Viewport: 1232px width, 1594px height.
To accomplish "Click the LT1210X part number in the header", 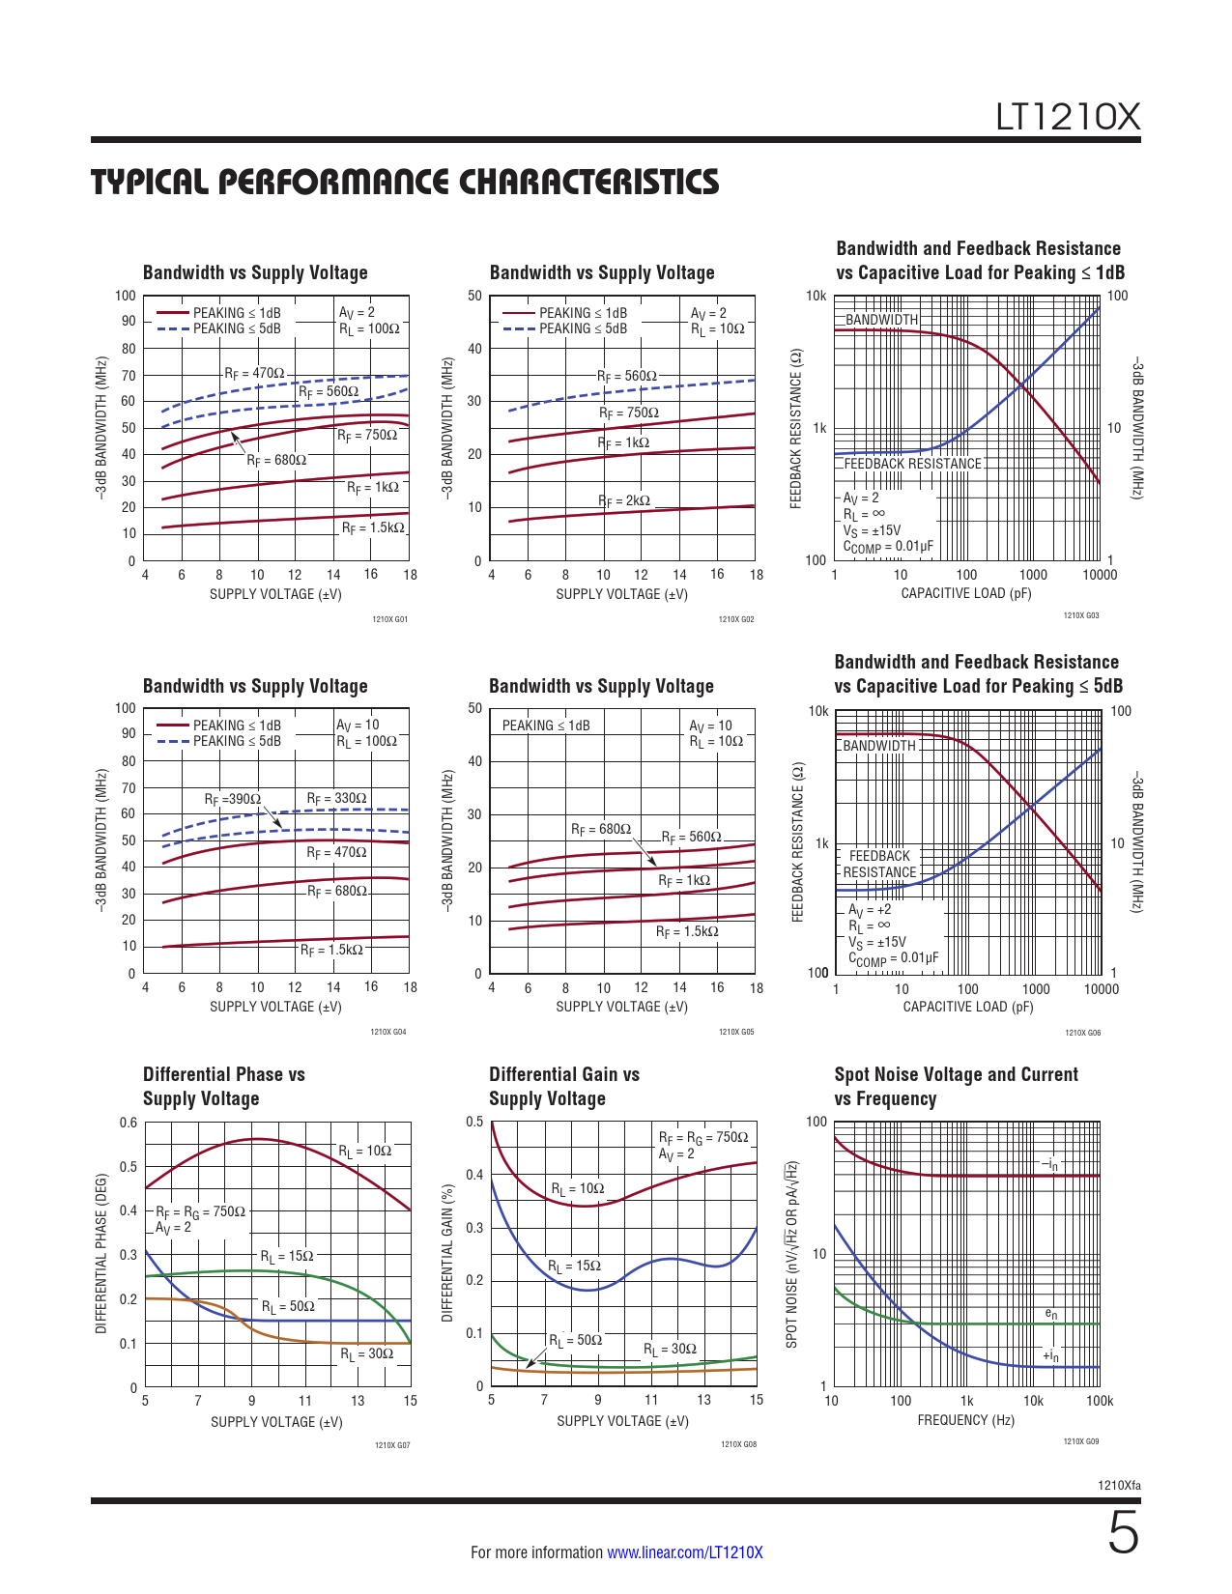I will [x=1068, y=117].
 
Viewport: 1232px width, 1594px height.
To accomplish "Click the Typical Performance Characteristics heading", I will [x=405, y=182].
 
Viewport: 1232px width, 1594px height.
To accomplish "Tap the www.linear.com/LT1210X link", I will [x=684, y=1552].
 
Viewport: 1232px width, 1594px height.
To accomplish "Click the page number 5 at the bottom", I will [x=1123, y=1533].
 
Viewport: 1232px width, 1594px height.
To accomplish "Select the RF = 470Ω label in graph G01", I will [x=254, y=373].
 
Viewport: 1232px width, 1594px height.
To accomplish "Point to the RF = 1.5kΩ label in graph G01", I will [x=373, y=528].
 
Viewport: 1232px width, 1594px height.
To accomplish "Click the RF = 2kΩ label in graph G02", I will [x=624, y=500].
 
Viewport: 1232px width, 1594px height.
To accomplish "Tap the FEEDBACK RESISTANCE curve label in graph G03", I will [x=912, y=464].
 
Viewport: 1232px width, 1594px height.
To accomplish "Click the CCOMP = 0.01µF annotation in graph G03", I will [x=888, y=547].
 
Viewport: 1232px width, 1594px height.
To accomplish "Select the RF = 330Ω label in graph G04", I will [x=336, y=798].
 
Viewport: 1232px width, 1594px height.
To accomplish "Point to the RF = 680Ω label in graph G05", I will [x=600, y=829].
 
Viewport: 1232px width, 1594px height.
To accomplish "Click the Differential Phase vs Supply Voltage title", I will [x=223, y=1086].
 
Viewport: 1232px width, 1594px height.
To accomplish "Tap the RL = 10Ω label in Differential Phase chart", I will [x=364, y=1151].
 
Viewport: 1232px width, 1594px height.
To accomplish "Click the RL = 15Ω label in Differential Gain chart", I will [x=574, y=1266].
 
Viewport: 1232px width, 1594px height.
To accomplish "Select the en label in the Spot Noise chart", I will [x=1051, y=1314].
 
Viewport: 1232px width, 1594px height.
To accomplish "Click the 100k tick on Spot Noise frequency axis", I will [x=1099, y=1401].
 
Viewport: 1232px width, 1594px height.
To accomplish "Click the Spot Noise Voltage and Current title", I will [x=956, y=1086].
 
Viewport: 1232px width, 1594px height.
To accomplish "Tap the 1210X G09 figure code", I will [x=1080, y=1441].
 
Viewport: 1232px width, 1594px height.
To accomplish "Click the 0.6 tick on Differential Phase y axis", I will [x=129, y=1123].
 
